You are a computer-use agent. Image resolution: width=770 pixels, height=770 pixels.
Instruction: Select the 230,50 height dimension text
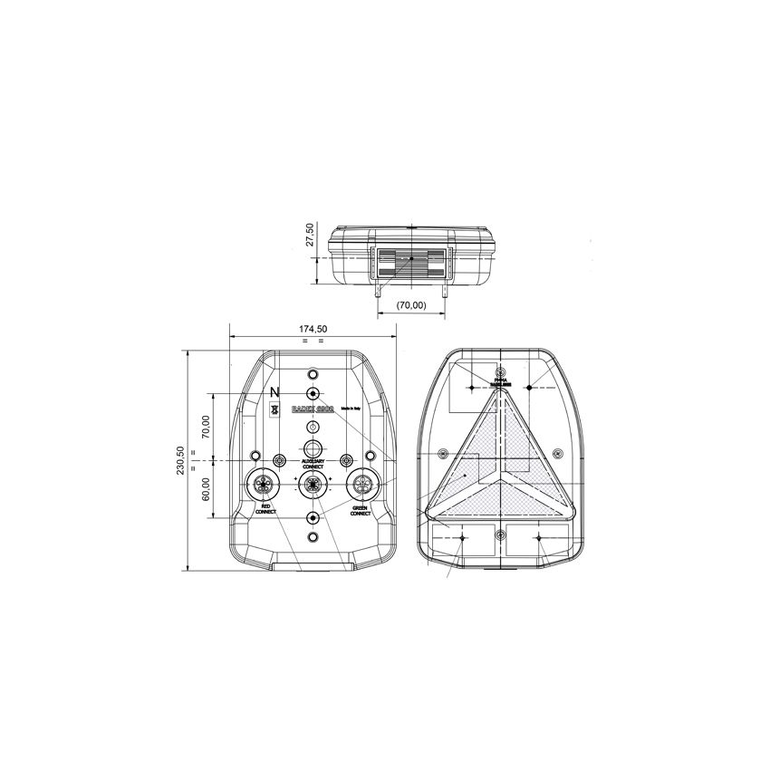181,460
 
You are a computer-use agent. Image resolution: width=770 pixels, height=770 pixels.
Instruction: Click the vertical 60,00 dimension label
206,489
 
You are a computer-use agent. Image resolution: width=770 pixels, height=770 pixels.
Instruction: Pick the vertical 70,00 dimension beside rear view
206,427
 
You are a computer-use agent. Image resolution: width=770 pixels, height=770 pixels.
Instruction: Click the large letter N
275,391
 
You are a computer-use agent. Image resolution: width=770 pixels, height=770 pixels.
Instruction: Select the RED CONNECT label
265,509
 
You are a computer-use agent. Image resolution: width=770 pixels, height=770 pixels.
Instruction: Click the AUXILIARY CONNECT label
313,464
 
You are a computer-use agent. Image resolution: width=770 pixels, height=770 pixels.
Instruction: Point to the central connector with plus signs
313,484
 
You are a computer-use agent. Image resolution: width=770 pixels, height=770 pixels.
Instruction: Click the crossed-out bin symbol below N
275,409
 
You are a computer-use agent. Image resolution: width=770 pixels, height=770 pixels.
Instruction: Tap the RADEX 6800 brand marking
313,409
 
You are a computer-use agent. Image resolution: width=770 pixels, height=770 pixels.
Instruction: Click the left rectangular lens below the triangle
463,540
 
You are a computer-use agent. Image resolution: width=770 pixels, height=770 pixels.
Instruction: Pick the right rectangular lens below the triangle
538,540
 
